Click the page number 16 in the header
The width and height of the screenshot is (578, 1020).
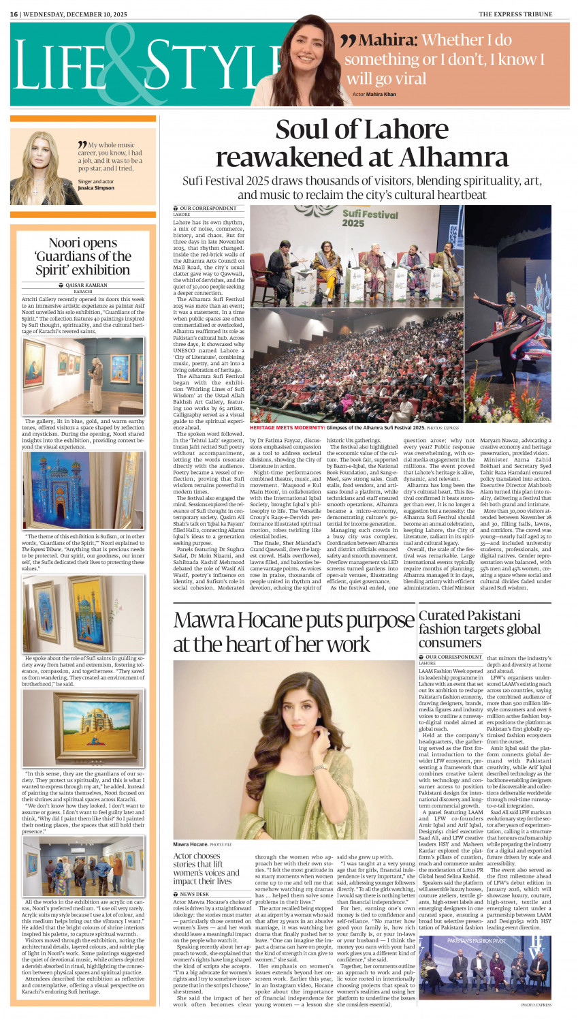(14, 14)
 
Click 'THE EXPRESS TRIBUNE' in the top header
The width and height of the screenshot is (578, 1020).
(524, 14)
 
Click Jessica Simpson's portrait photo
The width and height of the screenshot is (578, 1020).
(42, 168)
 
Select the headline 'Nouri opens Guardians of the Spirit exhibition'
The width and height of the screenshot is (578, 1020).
(83, 256)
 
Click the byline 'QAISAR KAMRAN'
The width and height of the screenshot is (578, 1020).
(86, 285)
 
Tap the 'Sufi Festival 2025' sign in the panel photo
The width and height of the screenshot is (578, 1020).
(361, 218)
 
